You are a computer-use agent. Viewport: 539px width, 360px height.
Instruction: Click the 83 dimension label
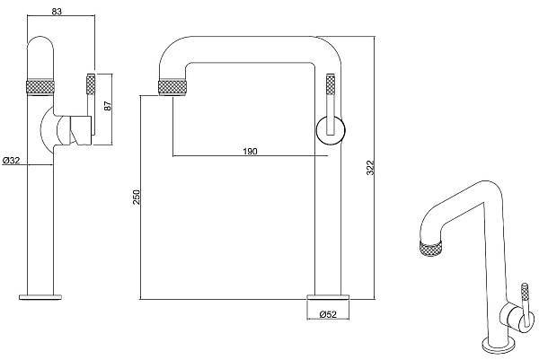[x=57, y=12]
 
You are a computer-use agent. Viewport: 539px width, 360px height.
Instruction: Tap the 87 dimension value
[x=109, y=106]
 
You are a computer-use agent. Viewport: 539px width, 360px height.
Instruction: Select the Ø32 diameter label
[x=12, y=160]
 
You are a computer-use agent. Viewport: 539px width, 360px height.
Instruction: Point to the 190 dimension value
[x=250, y=151]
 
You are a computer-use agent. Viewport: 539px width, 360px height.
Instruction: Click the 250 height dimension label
[x=137, y=198]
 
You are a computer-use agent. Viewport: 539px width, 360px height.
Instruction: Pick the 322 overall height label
[x=370, y=168]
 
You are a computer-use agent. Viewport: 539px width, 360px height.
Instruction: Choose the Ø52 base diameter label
[x=328, y=314]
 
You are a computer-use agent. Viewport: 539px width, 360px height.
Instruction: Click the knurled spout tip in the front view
[x=172, y=87]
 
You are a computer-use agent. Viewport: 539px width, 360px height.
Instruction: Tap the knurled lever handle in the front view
[x=331, y=84]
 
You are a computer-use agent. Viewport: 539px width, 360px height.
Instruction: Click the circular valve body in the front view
[x=331, y=130]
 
